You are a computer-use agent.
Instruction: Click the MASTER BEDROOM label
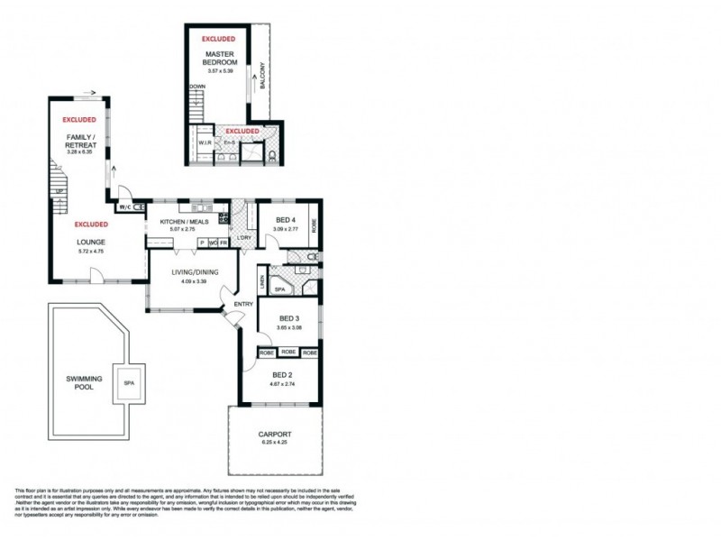point(219,59)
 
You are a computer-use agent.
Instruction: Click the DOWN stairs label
point(197,87)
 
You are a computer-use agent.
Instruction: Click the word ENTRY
point(243,304)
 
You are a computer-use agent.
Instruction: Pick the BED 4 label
point(286,221)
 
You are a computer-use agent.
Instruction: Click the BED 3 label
point(288,318)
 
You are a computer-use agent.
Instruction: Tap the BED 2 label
point(283,374)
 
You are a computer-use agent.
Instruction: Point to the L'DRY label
point(244,237)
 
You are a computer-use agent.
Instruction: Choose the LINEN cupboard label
point(261,281)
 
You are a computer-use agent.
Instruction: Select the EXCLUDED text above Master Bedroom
point(219,40)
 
